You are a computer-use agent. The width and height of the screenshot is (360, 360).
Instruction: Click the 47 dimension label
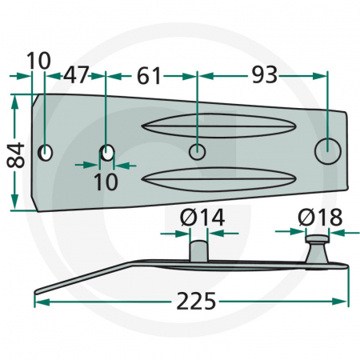coord(76,76)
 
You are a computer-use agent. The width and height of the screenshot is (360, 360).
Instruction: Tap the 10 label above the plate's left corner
coord(38,60)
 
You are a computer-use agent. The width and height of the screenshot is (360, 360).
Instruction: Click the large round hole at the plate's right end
coord(328,149)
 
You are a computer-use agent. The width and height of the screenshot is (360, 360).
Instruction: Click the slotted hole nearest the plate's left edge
coord(46,152)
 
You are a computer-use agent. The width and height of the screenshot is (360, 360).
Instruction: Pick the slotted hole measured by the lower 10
coord(107,152)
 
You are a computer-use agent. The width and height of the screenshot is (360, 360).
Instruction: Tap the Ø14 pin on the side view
coord(198,248)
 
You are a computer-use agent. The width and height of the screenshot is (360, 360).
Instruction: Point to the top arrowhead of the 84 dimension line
coord(14,102)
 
